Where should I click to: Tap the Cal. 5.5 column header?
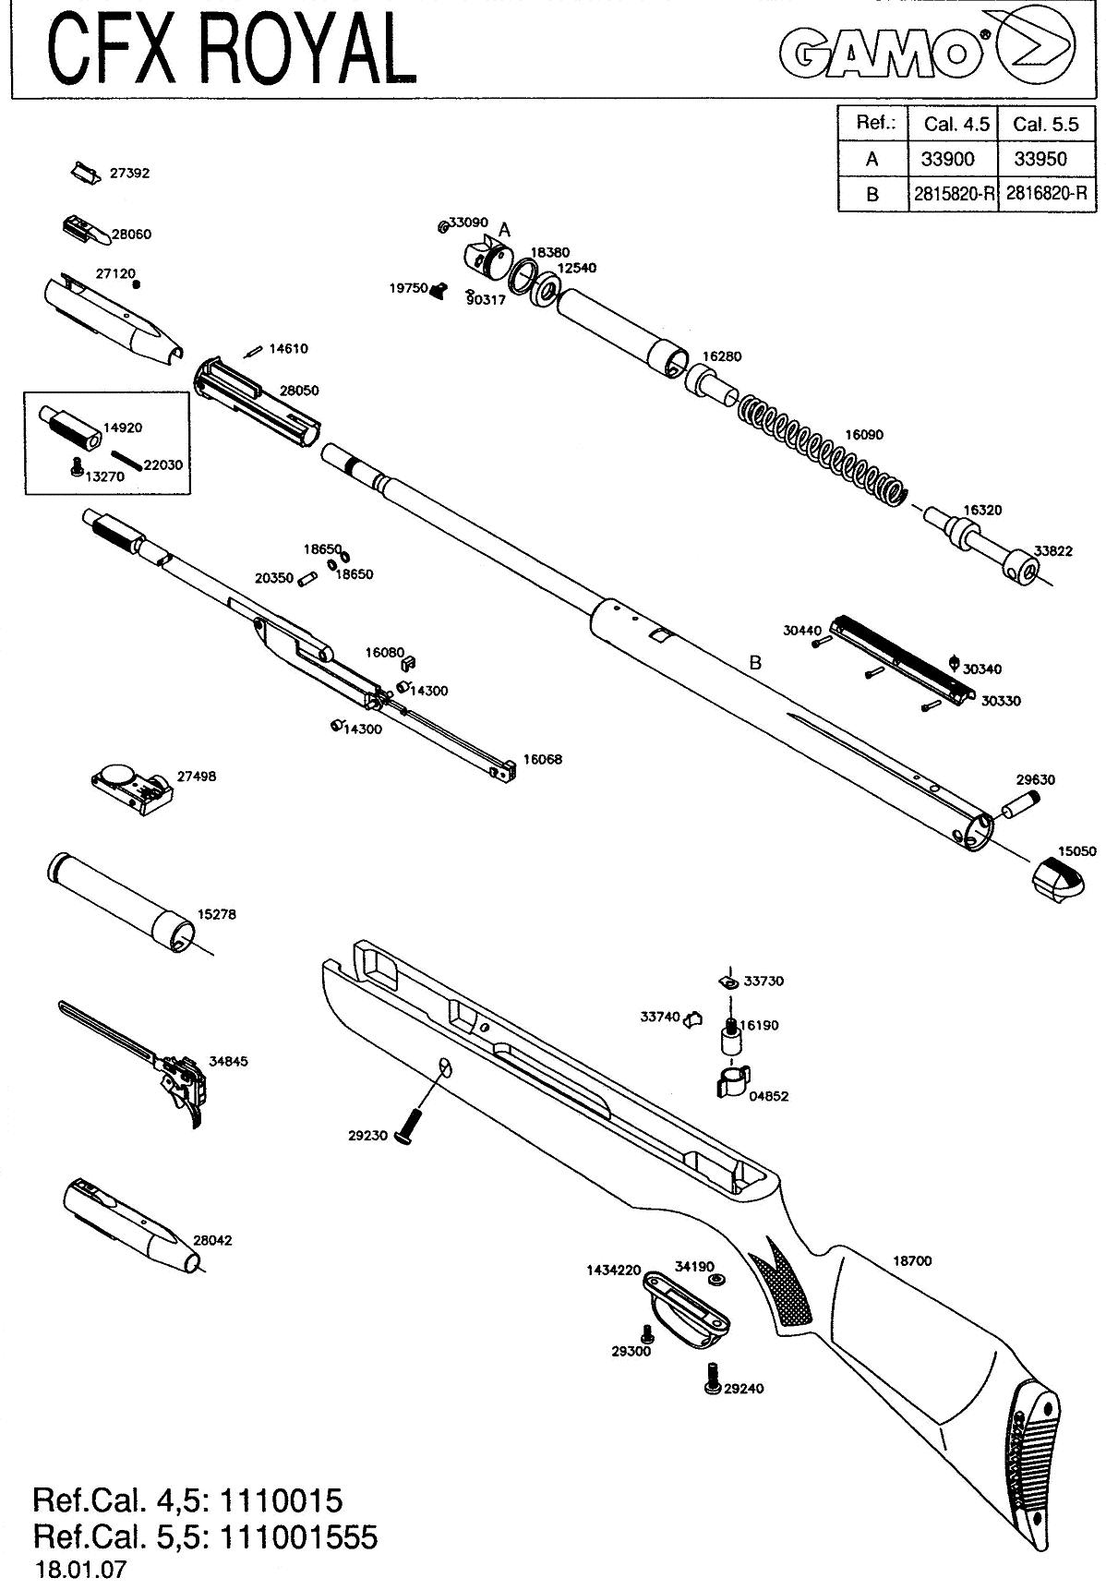[x=1041, y=124]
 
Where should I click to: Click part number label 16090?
[x=864, y=434]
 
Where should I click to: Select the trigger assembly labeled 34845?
[x=152, y=1062]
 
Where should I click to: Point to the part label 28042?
[x=212, y=1240]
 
